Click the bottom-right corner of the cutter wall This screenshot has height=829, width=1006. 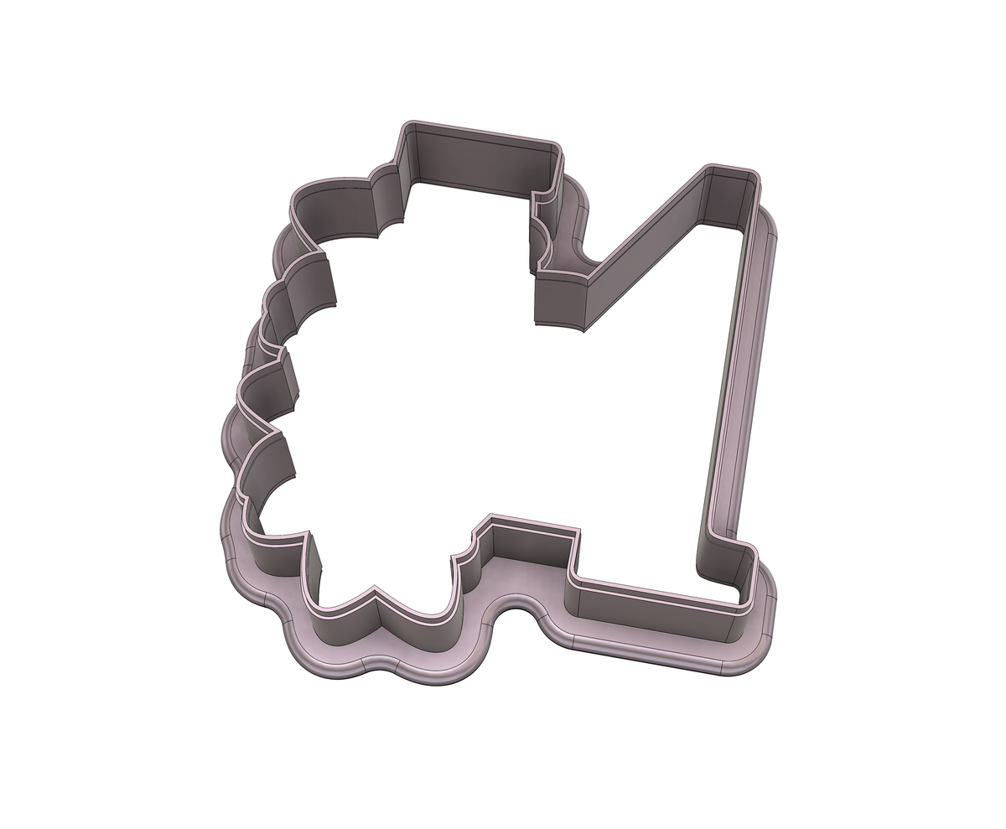(747, 598)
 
